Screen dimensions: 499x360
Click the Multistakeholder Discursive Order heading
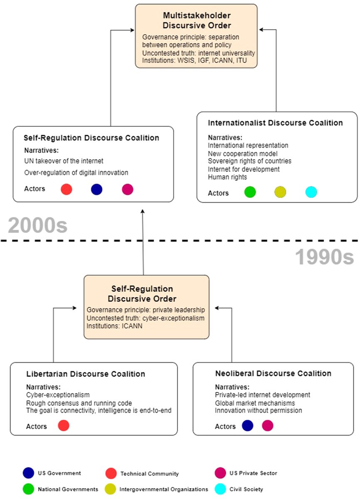pos(197,20)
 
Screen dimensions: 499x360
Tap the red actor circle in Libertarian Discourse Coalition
pos(64,425)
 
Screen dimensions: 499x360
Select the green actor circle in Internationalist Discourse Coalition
pos(250,192)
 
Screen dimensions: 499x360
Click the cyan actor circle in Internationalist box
pos(311,192)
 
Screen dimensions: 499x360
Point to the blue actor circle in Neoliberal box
pos(247,425)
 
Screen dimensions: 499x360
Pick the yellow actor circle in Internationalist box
pos(280,192)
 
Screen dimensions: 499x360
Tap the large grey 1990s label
pos(325,257)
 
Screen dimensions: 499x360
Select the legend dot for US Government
pos(29,473)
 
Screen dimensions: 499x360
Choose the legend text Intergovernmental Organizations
pos(164,489)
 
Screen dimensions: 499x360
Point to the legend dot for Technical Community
pos(111,473)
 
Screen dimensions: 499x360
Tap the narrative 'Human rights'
pos(227,177)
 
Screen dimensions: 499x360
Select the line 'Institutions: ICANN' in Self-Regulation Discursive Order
pos(115,326)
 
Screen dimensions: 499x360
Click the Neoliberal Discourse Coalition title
pos(273,373)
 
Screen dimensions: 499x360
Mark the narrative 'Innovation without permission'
pos(258,410)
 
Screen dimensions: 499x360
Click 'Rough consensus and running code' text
pos(79,403)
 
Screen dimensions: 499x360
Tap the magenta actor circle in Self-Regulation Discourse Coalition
pos(128,189)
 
